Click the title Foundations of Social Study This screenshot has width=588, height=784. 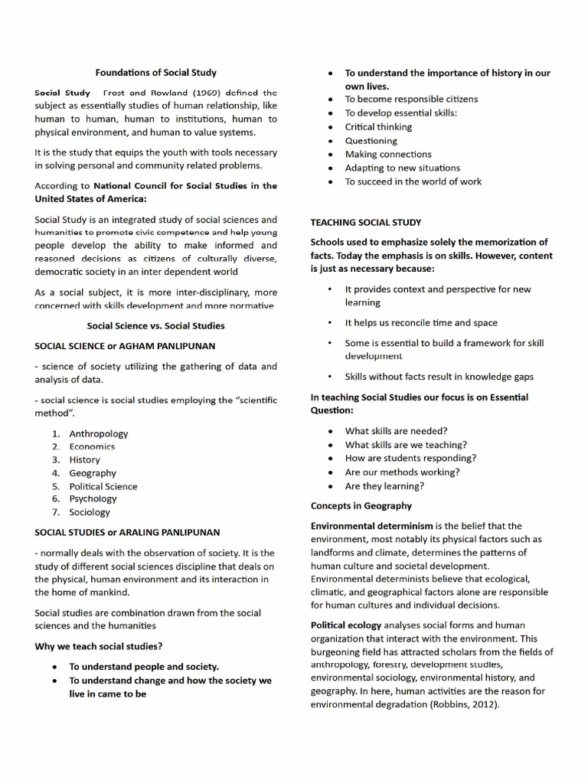tap(155, 73)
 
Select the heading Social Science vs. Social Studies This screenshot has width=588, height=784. tap(155, 325)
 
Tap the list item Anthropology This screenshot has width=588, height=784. tap(99, 433)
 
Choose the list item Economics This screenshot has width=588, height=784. tap(92, 446)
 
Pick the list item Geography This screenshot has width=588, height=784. tap(93, 473)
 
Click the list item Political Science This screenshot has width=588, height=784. tap(103, 486)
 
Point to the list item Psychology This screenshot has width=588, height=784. tap(93, 498)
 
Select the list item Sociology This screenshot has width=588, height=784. tap(90, 512)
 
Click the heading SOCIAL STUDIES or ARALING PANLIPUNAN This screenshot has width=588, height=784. tap(127, 532)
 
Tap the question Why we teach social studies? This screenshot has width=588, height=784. tap(98, 646)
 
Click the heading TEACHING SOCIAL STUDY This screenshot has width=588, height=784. tap(365, 222)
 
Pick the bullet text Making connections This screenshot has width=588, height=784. tap(388, 154)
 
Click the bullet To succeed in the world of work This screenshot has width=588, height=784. tap(413, 181)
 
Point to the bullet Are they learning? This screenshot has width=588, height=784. tap(384, 486)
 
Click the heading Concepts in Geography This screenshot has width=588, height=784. tap(361, 505)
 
